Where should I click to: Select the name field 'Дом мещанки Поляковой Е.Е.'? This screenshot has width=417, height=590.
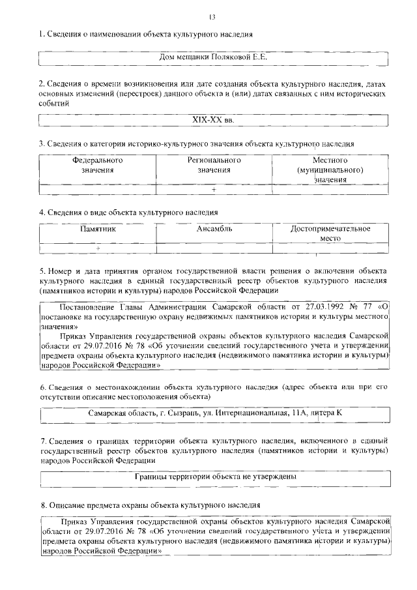click(x=214, y=57)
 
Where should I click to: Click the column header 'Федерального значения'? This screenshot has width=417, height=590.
click(x=98, y=165)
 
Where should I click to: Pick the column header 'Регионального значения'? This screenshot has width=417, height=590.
click(x=214, y=165)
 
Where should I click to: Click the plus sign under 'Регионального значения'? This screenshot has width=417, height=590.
click(x=213, y=189)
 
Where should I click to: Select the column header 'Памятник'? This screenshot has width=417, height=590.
click(x=98, y=229)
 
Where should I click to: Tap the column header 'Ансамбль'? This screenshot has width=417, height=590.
click(x=214, y=229)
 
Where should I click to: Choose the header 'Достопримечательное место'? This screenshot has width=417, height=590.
click(x=330, y=233)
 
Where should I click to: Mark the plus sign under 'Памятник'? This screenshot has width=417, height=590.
click(x=98, y=248)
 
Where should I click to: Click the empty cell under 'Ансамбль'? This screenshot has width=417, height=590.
click(x=214, y=248)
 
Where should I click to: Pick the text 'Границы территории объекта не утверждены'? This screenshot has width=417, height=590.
click(x=214, y=477)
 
